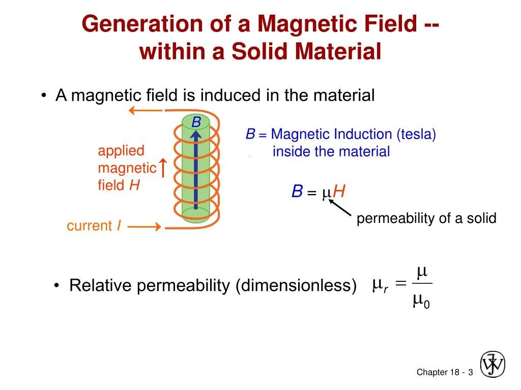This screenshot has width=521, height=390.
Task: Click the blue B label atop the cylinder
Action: (x=196, y=122)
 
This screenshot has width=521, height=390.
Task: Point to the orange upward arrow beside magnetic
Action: (x=163, y=168)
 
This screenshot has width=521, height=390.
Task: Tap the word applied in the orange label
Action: (x=121, y=151)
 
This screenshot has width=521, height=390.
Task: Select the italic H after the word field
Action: (x=134, y=185)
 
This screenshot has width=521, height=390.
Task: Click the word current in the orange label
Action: (x=89, y=226)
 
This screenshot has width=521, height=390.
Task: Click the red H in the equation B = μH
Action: (x=339, y=192)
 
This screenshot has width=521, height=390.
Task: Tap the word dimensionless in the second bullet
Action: (x=296, y=285)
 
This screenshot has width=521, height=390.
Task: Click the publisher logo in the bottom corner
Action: (x=493, y=364)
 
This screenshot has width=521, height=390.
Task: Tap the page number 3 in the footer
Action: (x=471, y=373)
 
